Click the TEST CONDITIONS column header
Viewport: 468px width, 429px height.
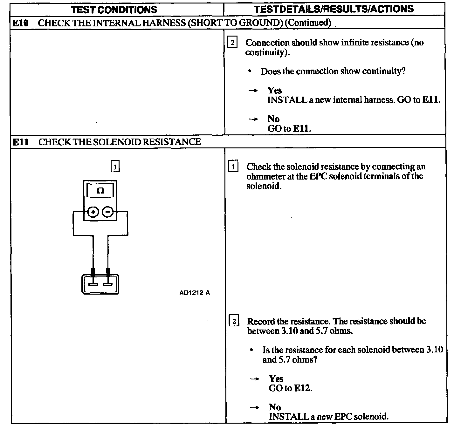click(114, 10)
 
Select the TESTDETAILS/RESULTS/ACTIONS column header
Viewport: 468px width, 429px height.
click(334, 9)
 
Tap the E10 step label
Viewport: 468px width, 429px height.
click(20, 23)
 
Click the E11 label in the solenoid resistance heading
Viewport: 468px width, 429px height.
click(21, 142)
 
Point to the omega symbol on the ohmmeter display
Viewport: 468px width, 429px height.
click(100, 191)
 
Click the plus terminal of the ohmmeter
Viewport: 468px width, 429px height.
click(93, 212)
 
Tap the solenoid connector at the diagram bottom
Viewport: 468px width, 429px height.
click(100, 284)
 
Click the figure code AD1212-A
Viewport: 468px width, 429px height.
click(194, 293)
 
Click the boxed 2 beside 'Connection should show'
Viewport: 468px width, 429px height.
click(232, 42)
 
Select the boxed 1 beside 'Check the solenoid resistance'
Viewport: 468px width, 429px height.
click(233, 167)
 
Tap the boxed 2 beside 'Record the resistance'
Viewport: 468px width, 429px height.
click(234, 321)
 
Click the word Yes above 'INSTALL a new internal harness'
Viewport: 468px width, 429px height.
click(275, 90)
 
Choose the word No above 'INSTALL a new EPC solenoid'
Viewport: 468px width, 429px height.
click(275, 407)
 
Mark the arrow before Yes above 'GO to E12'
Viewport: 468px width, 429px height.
click(254, 379)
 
